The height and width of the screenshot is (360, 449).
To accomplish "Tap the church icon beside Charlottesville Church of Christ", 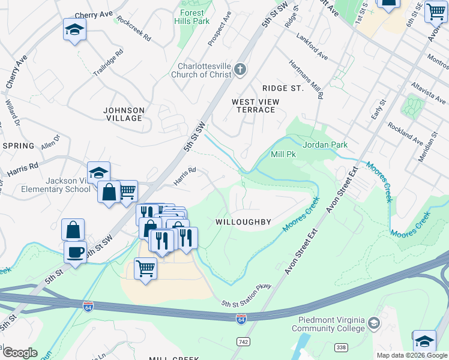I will click(x=240, y=70).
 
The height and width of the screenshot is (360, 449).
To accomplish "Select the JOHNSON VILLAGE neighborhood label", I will click(x=124, y=114).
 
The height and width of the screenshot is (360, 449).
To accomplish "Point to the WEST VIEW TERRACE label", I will click(x=256, y=106).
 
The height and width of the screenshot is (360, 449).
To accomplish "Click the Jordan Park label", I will click(x=325, y=145).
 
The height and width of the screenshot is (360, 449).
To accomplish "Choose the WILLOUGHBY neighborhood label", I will click(x=244, y=222).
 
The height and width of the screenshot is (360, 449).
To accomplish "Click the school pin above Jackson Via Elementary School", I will click(x=98, y=172).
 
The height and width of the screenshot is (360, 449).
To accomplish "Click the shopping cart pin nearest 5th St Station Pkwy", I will click(x=145, y=268).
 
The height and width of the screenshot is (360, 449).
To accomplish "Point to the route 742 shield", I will click(x=242, y=341).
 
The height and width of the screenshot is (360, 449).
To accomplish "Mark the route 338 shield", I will click(x=341, y=347).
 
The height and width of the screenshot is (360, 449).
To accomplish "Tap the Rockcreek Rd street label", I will click(x=134, y=28).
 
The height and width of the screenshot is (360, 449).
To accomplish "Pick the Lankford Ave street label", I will click(x=312, y=46).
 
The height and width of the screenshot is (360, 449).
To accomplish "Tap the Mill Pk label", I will click(x=283, y=154).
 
